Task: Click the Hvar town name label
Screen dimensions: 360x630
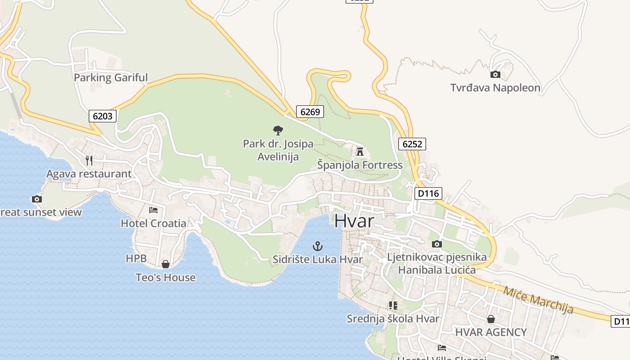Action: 355,221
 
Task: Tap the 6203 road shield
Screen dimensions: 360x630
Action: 102,116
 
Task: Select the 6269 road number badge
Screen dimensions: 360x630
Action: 310,111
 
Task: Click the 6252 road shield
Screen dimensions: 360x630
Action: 412,144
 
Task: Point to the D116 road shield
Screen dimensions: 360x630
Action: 428,193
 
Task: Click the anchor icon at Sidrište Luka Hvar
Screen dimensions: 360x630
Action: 318,246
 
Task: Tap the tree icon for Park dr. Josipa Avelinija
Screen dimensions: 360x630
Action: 278,130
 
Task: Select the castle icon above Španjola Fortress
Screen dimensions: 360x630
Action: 360,151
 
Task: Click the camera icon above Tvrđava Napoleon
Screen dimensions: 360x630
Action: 495,74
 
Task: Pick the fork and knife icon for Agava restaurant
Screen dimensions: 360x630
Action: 89,160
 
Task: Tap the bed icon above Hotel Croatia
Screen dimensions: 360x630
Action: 153,210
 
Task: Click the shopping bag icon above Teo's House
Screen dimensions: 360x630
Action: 166,264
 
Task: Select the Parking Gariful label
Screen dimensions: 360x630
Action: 111,77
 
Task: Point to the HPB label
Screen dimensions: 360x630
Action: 136,258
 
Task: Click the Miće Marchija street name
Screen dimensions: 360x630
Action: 538,300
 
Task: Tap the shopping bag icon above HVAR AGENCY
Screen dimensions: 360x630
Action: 490,319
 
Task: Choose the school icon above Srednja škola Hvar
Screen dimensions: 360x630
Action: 393,306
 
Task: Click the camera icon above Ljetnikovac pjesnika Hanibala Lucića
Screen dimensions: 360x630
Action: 436,244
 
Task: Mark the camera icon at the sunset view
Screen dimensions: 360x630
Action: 37,199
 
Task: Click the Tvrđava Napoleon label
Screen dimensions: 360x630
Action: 495,88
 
